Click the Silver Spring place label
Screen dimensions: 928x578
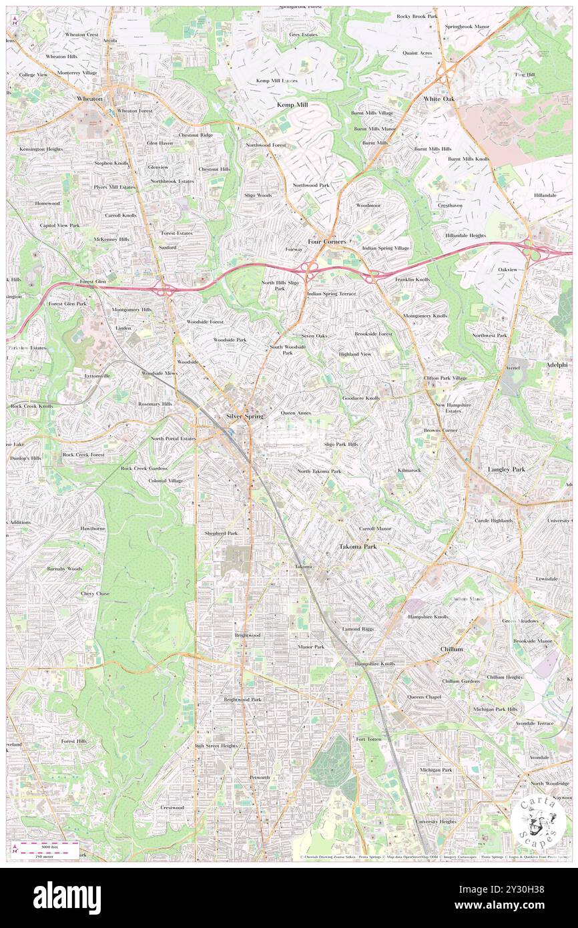[244, 416]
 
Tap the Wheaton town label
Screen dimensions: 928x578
[89, 99]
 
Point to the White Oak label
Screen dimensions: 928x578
[439, 99]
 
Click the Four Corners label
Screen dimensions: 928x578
[326, 240]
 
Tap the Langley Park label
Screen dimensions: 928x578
[507, 469]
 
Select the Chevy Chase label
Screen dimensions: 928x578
[95, 594]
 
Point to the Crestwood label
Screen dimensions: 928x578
[172, 807]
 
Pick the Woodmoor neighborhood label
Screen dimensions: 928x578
[368, 205]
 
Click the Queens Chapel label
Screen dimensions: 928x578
[424, 697]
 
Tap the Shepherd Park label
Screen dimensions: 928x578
[221, 533]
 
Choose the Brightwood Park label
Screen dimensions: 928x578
[242, 699]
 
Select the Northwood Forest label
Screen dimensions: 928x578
[265, 145]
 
